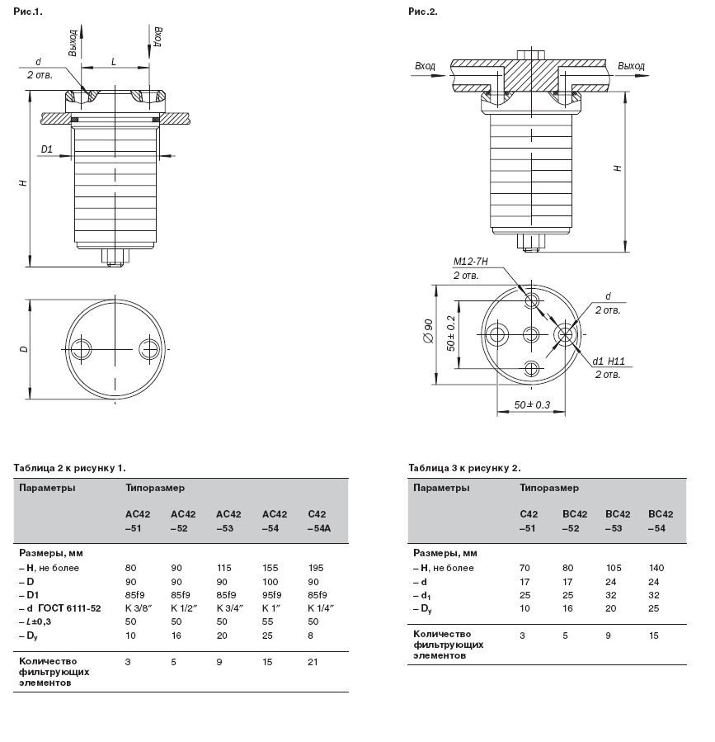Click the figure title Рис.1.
(28, 12)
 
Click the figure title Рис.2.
(423, 12)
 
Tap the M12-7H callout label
(471, 261)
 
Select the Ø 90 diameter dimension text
(428, 331)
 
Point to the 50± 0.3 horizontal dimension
(532, 405)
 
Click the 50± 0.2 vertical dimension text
(450, 333)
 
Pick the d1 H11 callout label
(609, 362)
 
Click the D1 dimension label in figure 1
(46, 149)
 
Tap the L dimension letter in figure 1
(114, 62)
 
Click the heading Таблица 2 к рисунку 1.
(70, 468)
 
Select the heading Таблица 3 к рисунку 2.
(464, 468)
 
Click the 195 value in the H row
(316, 568)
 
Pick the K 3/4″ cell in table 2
(230, 608)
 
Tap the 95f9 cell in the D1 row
(272, 595)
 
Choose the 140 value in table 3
(656, 568)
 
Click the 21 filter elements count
(313, 662)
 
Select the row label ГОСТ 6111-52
(69, 608)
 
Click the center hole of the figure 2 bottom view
(531, 335)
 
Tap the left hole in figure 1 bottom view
(82, 349)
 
